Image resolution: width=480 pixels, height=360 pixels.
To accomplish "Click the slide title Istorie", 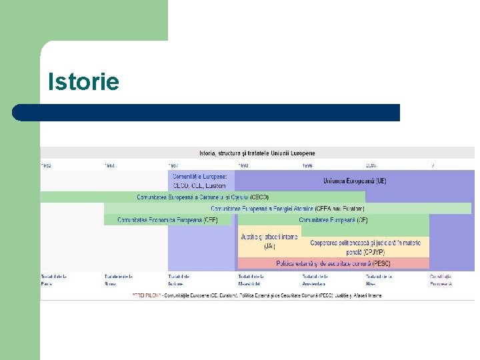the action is click(83, 82).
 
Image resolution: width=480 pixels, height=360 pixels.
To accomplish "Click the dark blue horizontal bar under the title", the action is click(206, 113).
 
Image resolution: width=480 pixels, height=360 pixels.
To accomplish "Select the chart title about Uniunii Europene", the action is click(257, 153).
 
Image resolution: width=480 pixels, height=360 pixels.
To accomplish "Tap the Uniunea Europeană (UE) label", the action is click(354, 181).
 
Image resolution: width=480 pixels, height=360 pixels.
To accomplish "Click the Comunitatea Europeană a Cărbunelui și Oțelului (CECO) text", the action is click(203, 197).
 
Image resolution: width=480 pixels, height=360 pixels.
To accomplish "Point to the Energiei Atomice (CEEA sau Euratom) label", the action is click(287, 209).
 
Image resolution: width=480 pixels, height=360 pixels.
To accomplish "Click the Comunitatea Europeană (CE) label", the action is click(333, 220).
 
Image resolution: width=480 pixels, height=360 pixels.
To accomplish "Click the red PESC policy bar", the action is click(333, 263).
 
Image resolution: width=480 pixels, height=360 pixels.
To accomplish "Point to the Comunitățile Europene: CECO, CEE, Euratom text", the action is click(200, 181).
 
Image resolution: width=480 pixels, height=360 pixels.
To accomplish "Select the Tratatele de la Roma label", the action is click(118, 279).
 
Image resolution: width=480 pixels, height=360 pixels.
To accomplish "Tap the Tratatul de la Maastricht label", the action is click(251, 279).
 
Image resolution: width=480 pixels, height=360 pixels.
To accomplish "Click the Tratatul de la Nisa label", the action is click(378, 279).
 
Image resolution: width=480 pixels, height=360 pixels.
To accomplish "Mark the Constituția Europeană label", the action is click(440, 279).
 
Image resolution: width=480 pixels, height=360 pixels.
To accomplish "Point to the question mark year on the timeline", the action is click(433, 165).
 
